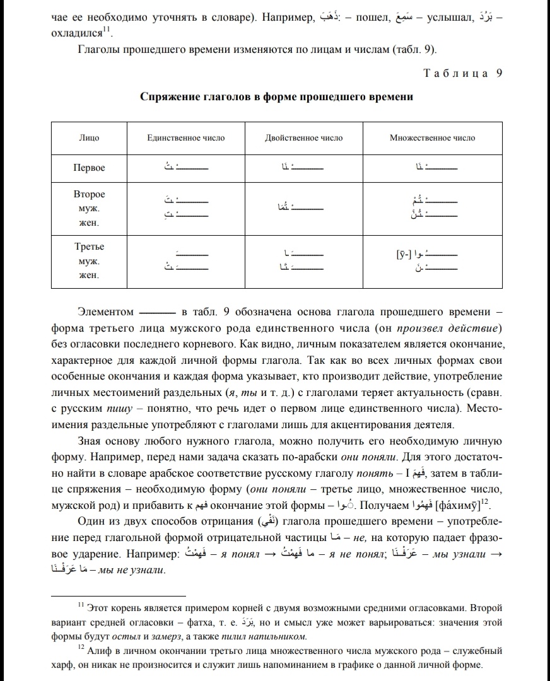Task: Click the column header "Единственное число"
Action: (x=185, y=137)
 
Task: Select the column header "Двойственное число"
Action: (x=304, y=137)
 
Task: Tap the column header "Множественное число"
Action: (x=433, y=137)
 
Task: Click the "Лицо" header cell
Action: (x=89, y=137)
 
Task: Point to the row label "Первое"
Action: (x=89, y=168)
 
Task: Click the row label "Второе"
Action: (x=89, y=194)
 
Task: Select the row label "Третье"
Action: (x=89, y=246)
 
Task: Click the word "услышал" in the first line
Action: (x=448, y=17)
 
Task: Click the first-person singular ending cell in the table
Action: (x=185, y=168)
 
